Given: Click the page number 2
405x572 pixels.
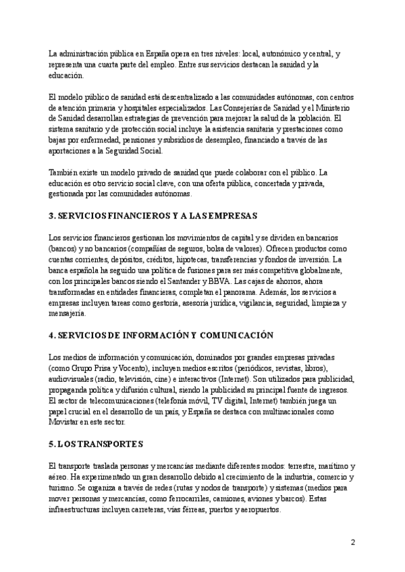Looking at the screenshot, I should click(353, 542).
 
